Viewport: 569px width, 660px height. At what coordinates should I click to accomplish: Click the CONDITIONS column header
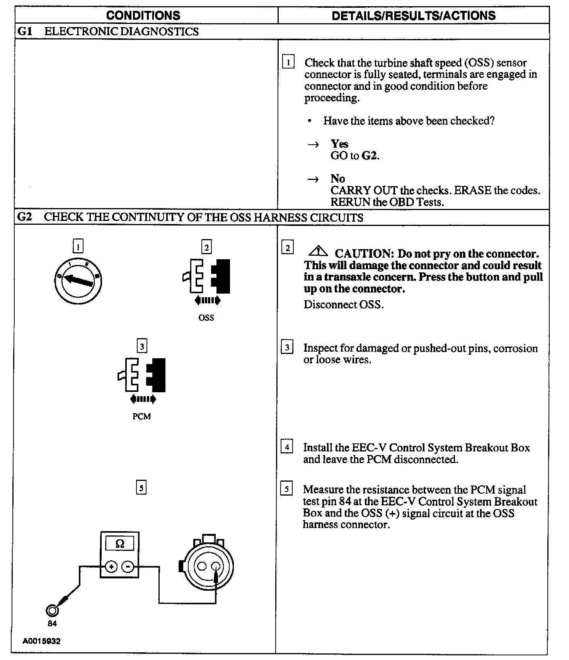(143, 15)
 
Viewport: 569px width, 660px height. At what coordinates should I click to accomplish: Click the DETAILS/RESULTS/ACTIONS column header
(414, 15)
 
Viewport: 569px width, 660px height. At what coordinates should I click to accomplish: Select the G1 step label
(25, 31)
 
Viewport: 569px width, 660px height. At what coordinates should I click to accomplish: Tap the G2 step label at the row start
(25, 217)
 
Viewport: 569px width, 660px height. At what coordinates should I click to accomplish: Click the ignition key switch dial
(78, 280)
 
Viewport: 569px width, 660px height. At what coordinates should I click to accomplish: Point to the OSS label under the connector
(206, 318)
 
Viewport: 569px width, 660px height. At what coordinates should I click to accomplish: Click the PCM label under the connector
(141, 417)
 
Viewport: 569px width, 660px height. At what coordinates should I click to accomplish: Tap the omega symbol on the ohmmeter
(120, 544)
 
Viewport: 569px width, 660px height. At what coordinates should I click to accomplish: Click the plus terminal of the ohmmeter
(111, 567)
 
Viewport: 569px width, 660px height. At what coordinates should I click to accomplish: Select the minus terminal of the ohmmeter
(128, 567)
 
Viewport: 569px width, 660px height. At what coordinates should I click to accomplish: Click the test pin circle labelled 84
(52, 610)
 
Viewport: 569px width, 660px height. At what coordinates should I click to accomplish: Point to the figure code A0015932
(41, 641)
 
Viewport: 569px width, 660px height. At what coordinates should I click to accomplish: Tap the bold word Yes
(339, 144)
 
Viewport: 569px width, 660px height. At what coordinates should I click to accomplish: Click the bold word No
(337, 179)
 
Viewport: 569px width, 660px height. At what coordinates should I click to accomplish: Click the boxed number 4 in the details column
(287, 447)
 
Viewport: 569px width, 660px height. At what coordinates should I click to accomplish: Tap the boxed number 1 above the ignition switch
(78, 246)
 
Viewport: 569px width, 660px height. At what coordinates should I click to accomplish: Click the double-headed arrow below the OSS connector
(208, 300)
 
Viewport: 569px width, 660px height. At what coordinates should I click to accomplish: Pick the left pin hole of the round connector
(202, 566)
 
